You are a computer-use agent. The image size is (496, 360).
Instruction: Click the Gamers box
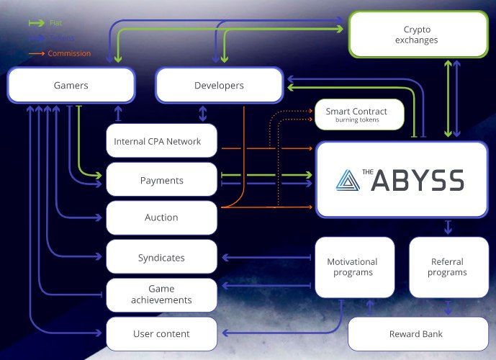[71, 85]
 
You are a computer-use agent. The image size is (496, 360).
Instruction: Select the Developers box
[219, 85]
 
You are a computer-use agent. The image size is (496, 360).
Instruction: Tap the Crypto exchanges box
[416, 35]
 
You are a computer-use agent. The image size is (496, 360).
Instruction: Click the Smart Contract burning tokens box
[356, 114]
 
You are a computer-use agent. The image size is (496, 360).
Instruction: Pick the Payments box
[161, 180]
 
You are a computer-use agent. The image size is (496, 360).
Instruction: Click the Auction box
[161, 217]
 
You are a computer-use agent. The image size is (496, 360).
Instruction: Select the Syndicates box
[161, 257]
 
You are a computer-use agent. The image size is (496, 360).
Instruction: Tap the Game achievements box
[161, 294]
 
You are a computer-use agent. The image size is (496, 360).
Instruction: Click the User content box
[161, 333]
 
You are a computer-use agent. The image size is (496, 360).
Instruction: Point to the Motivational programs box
[353, 267]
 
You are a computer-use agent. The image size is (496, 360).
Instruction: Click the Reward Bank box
[416, 333]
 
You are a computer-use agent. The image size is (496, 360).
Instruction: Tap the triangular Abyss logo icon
[348, 179]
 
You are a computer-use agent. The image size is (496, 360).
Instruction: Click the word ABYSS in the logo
[418, 180]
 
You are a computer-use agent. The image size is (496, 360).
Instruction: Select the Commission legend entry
[69, 53]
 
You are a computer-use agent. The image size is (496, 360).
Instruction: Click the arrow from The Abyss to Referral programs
[448, 228]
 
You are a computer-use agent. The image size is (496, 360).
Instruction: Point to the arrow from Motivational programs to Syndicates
[266, 257]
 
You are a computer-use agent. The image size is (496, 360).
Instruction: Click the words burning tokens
[356, 120]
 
